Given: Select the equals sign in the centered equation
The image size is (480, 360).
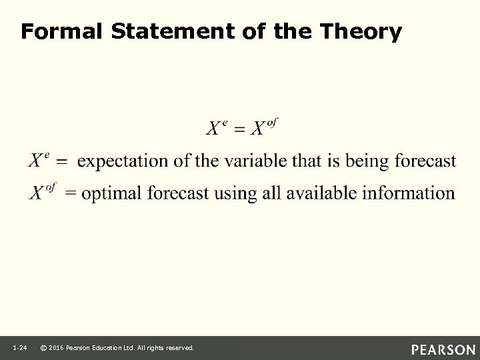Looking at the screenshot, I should click(x=237, y=129).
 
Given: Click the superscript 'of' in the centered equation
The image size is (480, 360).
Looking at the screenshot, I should click(x=272, y=121).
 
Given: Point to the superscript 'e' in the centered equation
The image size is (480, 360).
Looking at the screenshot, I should click(x=225, y=122).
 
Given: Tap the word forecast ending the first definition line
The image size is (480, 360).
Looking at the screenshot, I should click(x=424, y=161).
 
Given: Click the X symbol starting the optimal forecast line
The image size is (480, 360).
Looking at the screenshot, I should click(x=37, y=193).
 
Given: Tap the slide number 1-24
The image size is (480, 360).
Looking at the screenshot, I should click(x=19, y=348).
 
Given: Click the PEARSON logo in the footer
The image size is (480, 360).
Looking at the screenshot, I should click(x=443, y=349).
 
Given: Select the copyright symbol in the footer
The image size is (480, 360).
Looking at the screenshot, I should click(x=43, y=348).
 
